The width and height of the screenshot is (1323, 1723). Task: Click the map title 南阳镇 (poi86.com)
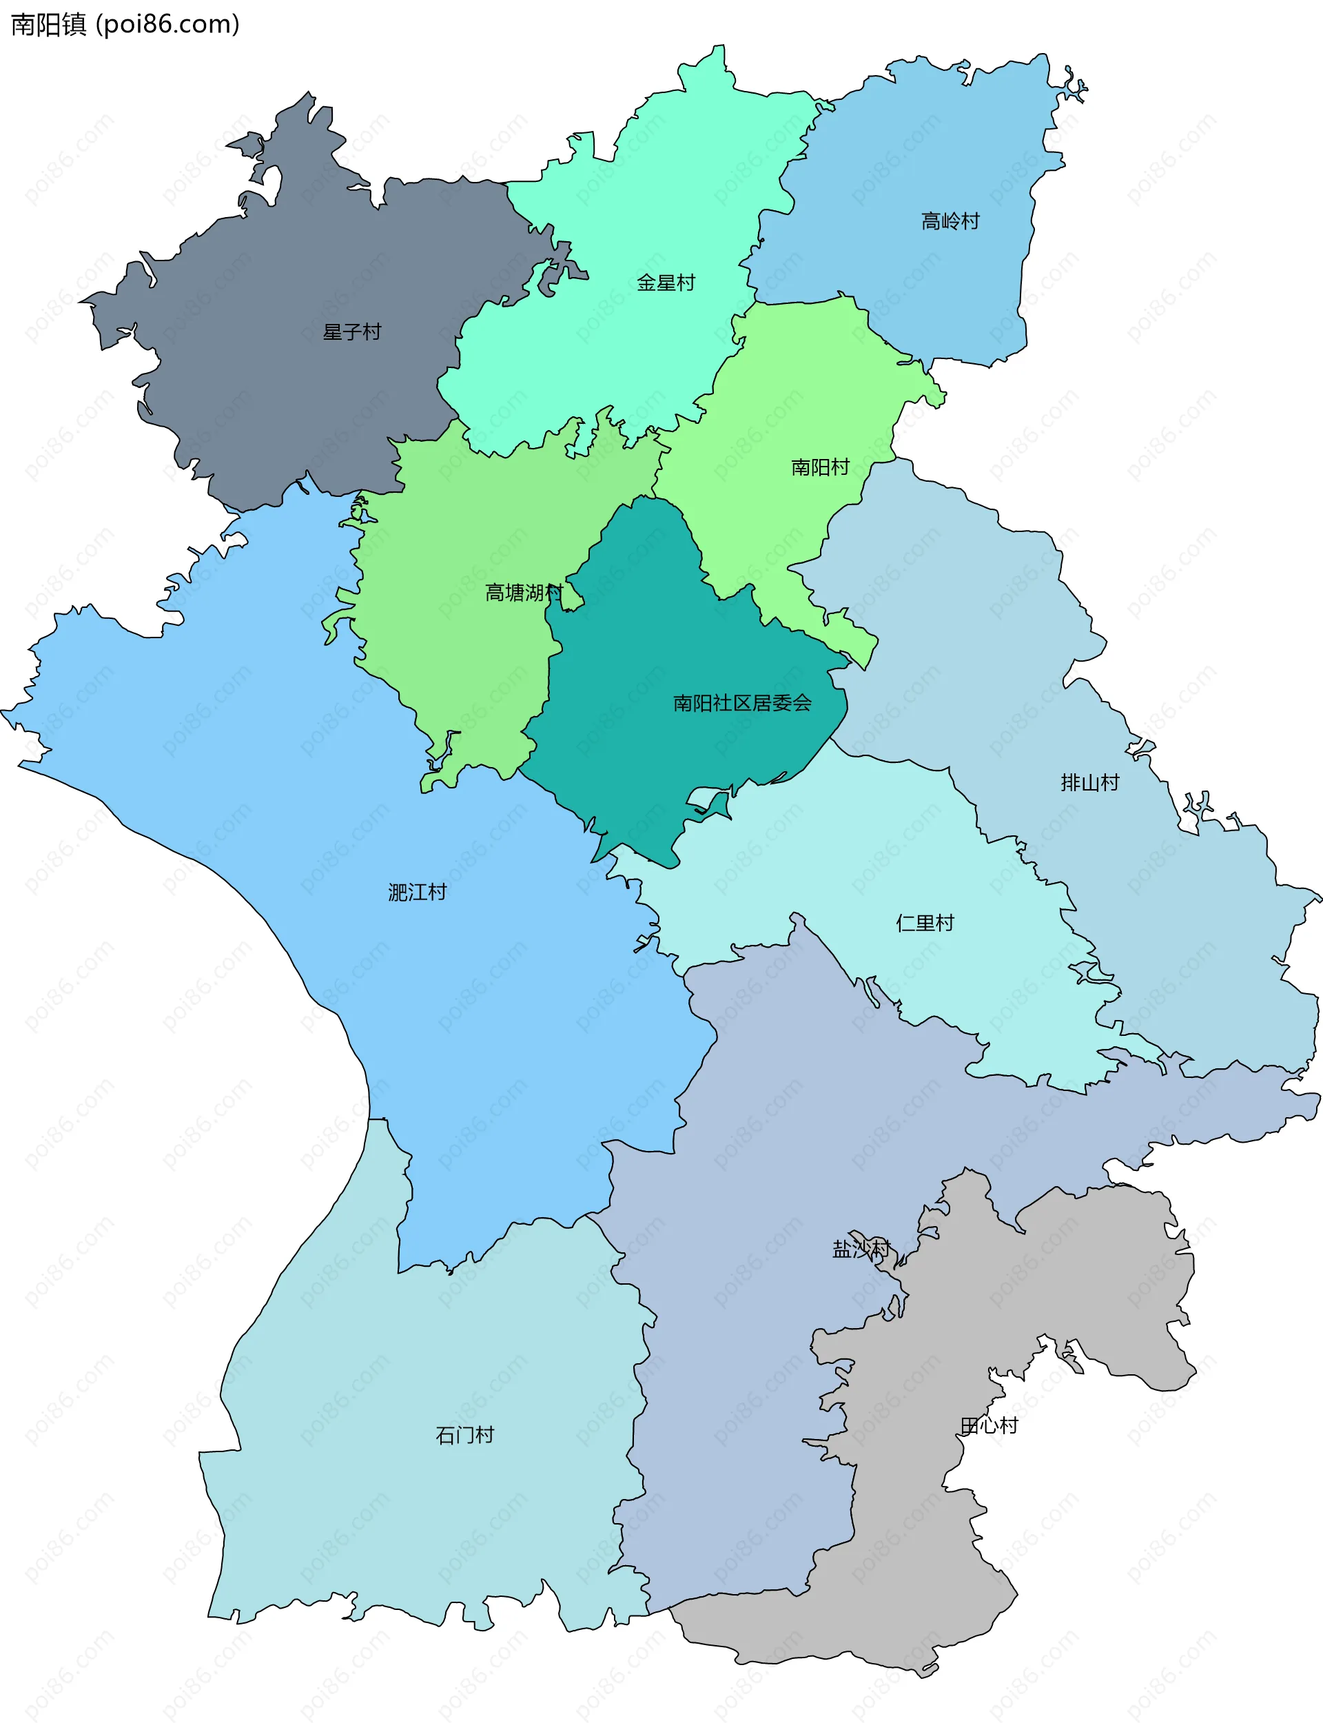click(x=125, y=24)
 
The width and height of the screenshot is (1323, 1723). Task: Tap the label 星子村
click(x=352, y=332)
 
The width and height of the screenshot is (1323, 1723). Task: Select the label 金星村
click(x=666, y=283)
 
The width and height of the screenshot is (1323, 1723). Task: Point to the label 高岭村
click(x=950, y=221)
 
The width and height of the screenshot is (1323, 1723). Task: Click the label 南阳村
click(x=820, y=467)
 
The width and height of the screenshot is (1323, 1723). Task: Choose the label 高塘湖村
click(x=524, y=592)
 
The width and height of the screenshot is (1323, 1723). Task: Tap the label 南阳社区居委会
click(x=742, y=702)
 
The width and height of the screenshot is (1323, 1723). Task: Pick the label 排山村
click(x=1089, y=782)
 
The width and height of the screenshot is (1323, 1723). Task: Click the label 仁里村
click(x=925, y=922)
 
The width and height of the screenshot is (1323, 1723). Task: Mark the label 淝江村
click(x=417, y=893)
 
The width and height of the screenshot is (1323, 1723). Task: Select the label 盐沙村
click(x=861, y=1249)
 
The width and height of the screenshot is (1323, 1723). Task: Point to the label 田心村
click(x=989, y=1425)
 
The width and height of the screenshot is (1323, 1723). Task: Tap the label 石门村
click(x=464, y=1435)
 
